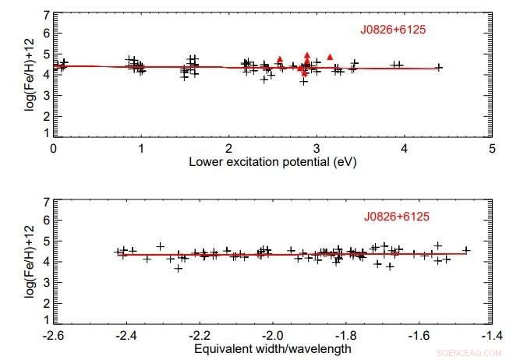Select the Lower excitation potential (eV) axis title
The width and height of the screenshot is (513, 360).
pyautogui.click(x=272, y=162)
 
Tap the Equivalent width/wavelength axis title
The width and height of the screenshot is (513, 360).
pyautogui.click(x=272, y=348)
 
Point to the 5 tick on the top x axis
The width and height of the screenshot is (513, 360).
pyautogui.click(x=492, y=147)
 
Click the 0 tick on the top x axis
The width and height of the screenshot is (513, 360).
pyautogui.click(x=53, y=147)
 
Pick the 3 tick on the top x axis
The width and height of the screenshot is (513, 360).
pyautogui.click(x=317, y=147)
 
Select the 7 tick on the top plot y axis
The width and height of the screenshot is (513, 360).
pyautogui.click(x=46, y=15)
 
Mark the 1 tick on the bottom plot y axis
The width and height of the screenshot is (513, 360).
pyautogui.click(x=46, y=319)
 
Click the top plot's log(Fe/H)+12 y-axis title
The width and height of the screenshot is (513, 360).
pyautogui.click(x=30, y=75)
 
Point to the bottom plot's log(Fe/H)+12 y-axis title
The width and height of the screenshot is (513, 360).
pyautogui.click(x=30, y=260)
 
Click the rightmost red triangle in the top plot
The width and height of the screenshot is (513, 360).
pyautogui.click(x=330, y=57)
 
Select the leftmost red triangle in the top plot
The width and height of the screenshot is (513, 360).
pyautogui.click(x=280, y=58)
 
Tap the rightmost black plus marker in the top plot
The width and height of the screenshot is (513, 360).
pyautogui.click(x=439, y=67)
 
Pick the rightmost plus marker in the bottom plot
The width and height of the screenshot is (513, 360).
pyautogui.click(x=466, y=250)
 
